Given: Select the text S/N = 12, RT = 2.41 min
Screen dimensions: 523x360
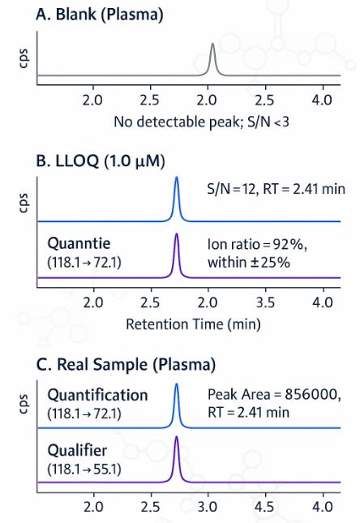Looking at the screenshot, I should coord(275,190).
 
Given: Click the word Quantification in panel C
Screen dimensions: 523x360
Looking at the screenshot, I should coord(97,395).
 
